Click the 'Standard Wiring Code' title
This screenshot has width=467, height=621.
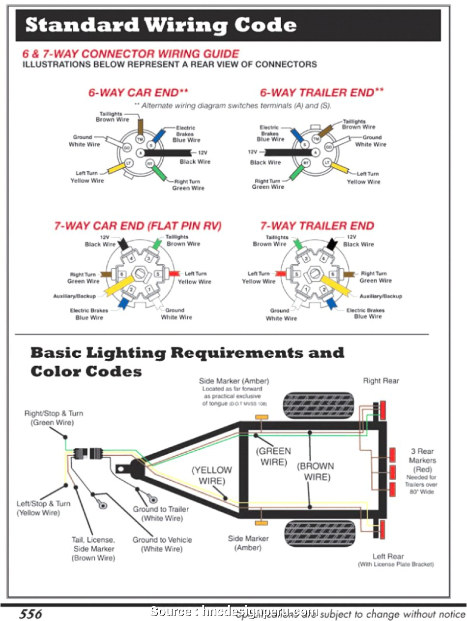(160, 25)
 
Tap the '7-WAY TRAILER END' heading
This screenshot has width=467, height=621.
(317, 226)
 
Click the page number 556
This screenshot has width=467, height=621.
(30, 614)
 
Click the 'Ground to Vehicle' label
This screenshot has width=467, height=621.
(162, 544)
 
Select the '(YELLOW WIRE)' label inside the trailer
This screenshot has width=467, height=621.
(211, 475)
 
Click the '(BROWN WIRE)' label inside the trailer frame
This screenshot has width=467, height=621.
(316, 471)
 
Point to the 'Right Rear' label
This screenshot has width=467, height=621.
(381, 381)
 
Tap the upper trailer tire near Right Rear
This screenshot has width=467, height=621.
(319, 405)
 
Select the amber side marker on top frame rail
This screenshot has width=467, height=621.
(261, 418)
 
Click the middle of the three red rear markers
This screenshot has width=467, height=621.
(393, 472)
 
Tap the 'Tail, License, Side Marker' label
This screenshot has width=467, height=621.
(93, 549)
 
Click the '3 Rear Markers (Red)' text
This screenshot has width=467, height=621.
(422, 461)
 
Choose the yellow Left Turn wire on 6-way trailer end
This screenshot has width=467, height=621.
(340, 169)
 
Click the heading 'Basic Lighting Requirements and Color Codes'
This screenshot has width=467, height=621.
(187, 362)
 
